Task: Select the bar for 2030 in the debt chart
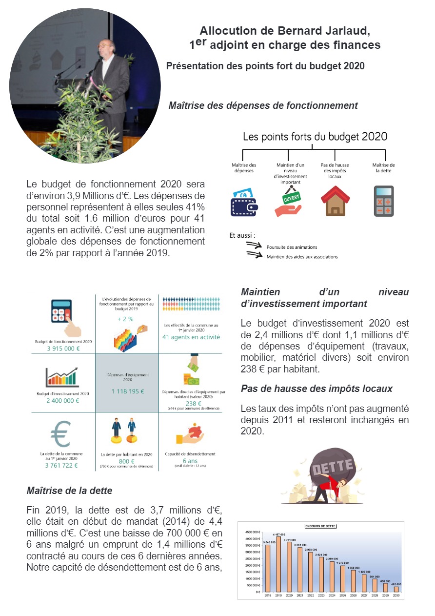tap(396, 589)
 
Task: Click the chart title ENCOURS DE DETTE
tap(321, 526)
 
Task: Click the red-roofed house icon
tap(335, 200)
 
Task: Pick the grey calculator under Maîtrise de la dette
tap(383, 201)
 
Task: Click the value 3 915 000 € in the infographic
tap(63, 349)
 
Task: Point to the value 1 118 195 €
tap(127, 391)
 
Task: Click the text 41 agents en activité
tap(191, 337)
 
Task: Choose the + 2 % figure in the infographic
tap(125, 319)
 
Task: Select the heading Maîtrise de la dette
tap(69, 490)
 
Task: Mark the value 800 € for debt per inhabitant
tap(126, 461)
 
